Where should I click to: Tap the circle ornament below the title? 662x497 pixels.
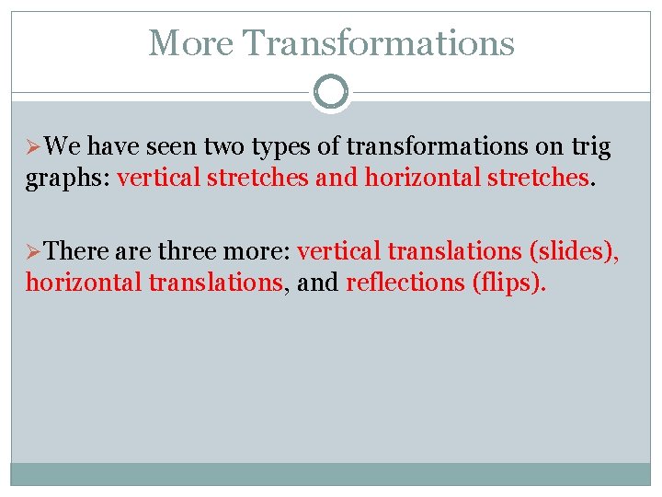(331, 92)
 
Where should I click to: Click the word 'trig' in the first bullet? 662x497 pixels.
(589, 147)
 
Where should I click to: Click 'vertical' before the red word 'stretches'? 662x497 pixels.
(159, 178)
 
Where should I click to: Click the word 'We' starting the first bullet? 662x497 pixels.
(63, 147)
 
